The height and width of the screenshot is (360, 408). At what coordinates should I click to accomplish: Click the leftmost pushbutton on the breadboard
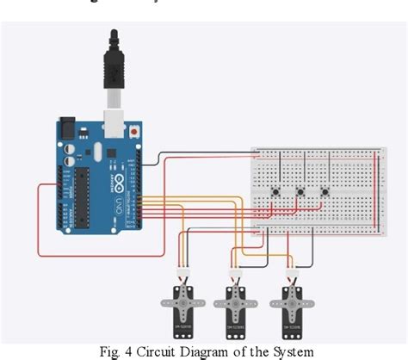pos(276,192)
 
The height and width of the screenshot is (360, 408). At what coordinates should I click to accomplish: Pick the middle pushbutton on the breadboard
pos(300,192)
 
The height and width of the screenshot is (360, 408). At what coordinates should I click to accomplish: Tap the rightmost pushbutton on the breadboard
pos(325,192)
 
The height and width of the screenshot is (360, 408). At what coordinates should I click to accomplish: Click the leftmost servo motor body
pos(182,305)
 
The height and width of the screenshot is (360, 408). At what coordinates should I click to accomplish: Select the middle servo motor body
pos(235,305)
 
